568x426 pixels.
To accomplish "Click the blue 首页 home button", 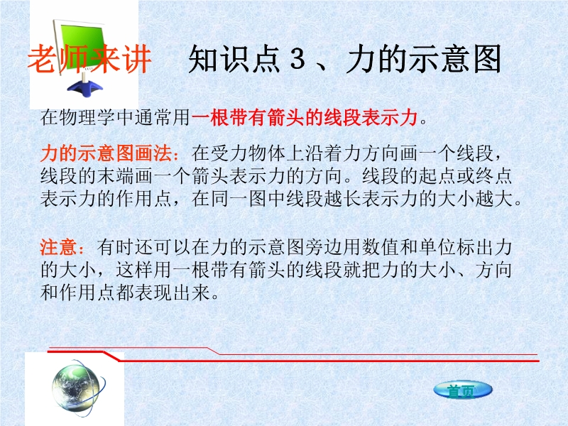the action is click(x=463, y=390).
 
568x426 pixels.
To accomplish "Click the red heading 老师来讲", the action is click(x=89, y=59).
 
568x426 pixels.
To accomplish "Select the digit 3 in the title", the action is click(x=297, y=59).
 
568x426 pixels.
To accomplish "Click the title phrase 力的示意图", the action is click(x=424, y=59).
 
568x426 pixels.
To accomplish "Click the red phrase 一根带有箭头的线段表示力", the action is click(x=305, y=117).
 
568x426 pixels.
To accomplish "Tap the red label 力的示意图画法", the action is click(x=106, y=153).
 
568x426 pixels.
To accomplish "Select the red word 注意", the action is click(x=59, y=247).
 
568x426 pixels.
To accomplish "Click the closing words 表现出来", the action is click(x=173, y=293).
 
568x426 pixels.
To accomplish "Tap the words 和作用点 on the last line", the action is click(x=78, y=293).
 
